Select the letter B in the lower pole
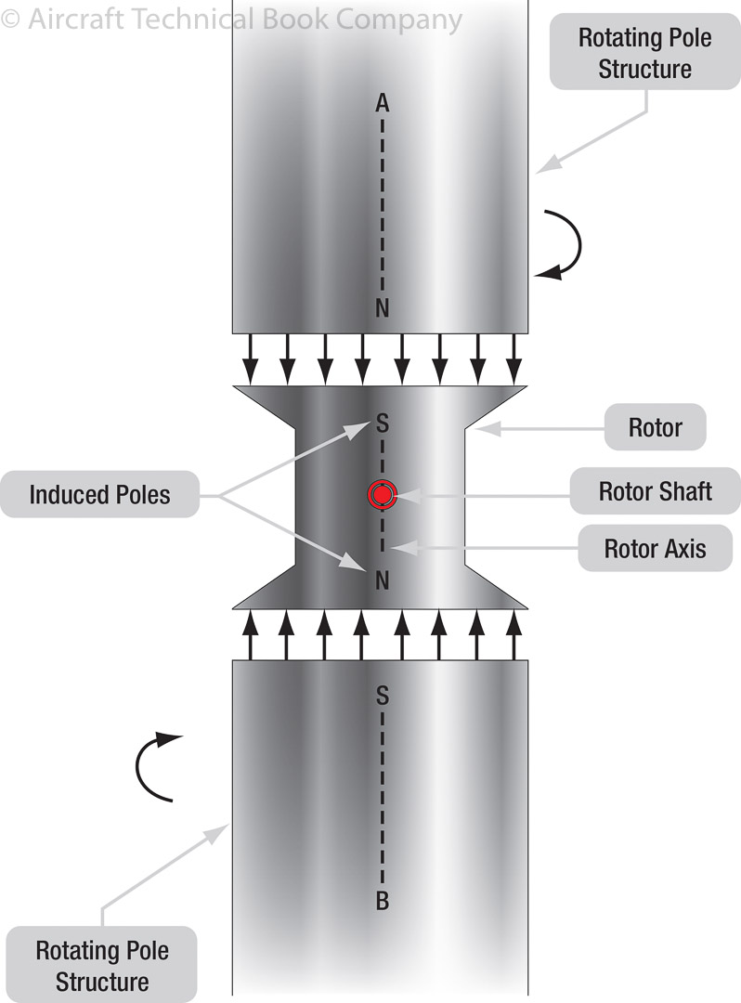click(382, 900)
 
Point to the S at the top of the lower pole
click(382, 693)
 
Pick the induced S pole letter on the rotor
click(382, 425)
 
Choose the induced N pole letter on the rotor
click(382, 581)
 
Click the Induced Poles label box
click(99, 494)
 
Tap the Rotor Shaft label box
click(655, 491)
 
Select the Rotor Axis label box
click(655, 548)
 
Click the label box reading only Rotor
click(655, 428)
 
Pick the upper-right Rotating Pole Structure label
click(644, 54)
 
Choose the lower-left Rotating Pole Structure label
click(102, 966)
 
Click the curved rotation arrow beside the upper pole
click(561, 243)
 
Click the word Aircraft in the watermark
click(78, 20)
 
